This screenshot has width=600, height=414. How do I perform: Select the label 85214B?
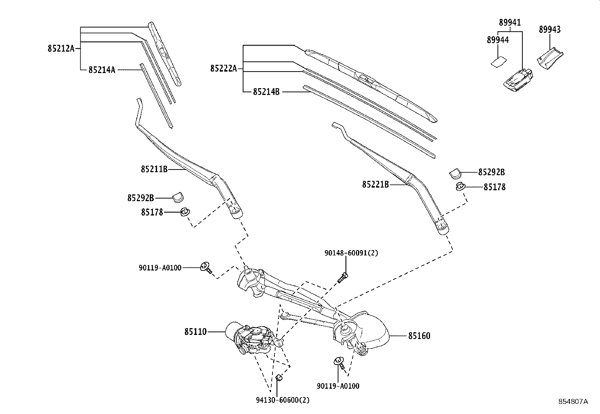pos(266,92)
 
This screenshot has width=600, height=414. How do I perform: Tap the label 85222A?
pos(223,68)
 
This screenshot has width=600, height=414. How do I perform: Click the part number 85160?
pos(419,336)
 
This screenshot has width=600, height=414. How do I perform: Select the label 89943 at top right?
pos(549,29)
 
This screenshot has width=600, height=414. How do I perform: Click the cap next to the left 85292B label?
pos(178,196)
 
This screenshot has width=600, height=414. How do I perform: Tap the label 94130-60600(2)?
pos(282,400)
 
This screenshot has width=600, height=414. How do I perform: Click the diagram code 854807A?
pos(573,402)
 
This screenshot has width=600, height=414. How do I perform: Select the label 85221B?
pos(375,185)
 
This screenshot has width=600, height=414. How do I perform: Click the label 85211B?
pos(154,169)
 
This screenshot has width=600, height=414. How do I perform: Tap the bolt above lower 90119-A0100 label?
pos(339,363)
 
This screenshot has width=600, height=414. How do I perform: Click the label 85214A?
pos(102,70)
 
